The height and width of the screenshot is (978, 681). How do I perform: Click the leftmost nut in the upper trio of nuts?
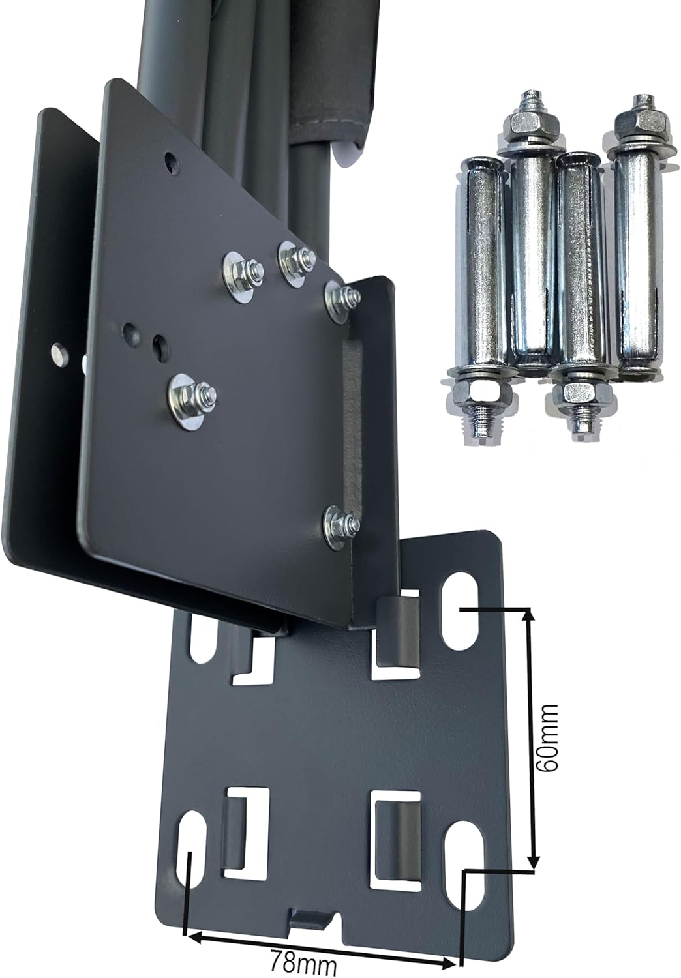pos(243,272)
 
